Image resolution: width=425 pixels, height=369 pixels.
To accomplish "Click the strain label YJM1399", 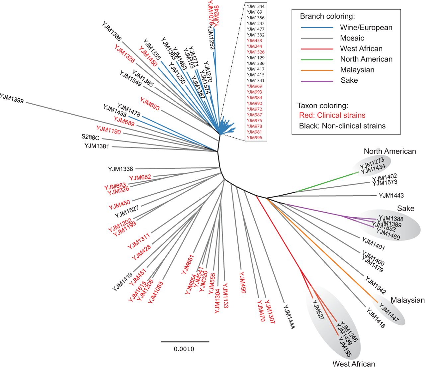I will coord(12,99).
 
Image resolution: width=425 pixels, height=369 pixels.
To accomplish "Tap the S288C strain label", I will coord(90,137).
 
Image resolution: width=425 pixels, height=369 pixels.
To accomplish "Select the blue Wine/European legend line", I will coord(317,28).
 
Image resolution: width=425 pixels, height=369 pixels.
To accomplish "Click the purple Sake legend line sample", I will coord(317,81).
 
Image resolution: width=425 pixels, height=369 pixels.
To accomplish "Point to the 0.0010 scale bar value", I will coord(184,349).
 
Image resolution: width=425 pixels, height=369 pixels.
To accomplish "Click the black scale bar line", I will coord(185,341).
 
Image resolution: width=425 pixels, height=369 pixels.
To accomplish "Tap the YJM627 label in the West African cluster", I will coord(318,310).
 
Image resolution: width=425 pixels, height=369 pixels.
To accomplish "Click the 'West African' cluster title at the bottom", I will coord(354,364).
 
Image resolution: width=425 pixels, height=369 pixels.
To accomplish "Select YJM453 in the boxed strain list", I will coord(254,41).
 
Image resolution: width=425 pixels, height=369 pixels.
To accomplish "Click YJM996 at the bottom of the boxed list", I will coord(254,138).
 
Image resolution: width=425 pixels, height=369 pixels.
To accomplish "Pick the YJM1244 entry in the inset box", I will coord(255,6).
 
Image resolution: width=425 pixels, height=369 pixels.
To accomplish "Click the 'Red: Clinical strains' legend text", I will coord(332,115).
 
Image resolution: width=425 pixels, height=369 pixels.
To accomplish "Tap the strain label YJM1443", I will coord(391,196).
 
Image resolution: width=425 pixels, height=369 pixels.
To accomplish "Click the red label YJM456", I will coord(242,282).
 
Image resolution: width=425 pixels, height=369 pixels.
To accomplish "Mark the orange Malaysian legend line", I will coord(317,70).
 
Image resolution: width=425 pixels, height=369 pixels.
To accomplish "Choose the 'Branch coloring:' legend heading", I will coord(327,16).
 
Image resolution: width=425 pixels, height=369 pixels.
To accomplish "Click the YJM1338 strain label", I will coord(120,169).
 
